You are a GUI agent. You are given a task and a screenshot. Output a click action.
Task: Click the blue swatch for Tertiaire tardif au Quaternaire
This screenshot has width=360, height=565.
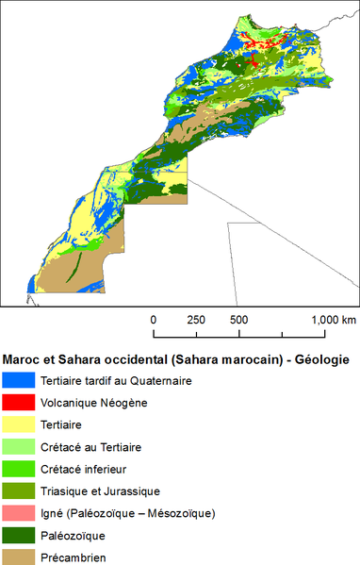[x=19, y=381]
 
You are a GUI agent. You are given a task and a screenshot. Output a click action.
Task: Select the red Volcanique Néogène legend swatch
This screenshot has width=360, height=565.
[x=19, y=403]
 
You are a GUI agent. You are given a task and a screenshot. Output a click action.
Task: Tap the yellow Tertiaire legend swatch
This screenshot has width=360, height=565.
[x=19, y=425]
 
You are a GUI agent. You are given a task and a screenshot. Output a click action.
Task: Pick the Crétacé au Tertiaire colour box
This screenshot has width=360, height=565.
[x=19, y=447]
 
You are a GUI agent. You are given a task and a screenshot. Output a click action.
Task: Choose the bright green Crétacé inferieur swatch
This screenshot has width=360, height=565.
[x=19, y=469]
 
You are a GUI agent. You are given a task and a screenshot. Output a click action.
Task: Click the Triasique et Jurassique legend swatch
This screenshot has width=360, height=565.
[x=19, y=491]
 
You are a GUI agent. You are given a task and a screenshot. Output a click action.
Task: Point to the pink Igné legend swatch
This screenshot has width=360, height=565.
[x=19, y=513]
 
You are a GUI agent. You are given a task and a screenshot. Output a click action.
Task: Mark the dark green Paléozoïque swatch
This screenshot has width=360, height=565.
[x=19, y=535]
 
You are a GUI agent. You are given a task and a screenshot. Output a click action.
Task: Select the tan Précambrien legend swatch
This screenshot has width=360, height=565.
[x=19, y=557]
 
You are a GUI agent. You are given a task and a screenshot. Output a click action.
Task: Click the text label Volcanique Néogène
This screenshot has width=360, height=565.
[x=94, y=403]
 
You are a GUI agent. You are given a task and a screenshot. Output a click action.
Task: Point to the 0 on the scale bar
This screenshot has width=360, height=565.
[x=154, y=320]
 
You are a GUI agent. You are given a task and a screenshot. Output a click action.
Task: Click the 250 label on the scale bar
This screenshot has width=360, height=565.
[x=196, y=320]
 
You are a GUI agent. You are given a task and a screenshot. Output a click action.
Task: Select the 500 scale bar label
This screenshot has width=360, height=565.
[x=238, y=320]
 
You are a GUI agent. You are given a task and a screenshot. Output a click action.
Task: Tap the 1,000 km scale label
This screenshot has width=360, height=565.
[x=335, y=320]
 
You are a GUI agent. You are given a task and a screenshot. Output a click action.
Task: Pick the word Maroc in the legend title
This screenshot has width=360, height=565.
[x=23, y=359]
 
